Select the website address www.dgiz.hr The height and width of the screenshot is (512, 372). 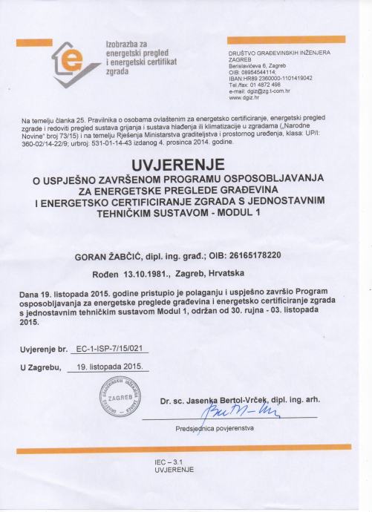(244, 97)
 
